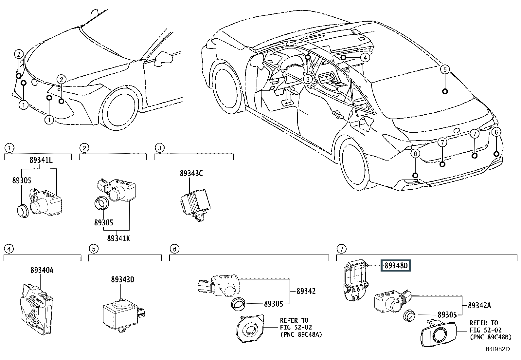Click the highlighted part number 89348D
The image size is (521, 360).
[x=396, y=265]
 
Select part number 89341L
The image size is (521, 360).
[x=41, y=161]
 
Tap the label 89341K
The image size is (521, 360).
[x=118, y=238]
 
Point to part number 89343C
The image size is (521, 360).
[x=191, y=173]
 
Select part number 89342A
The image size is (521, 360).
[x=479, y=306]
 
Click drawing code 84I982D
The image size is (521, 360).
[x=497, y=349]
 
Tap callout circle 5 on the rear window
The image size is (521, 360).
[x=444, y=69]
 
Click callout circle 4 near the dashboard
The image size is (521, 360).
[x=365, y=58]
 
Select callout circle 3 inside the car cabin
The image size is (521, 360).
[x=307, y=79]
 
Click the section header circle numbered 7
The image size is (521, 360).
[x=341, y=249]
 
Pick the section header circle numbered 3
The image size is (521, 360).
[x=159, y=148]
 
